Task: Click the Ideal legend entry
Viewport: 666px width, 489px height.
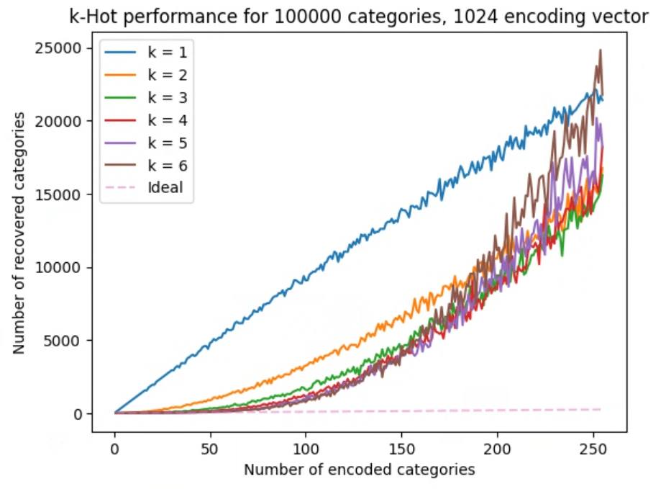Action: [165, 188]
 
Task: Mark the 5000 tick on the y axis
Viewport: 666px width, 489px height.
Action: [69, 341]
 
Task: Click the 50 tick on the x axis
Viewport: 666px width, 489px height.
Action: [210, 448]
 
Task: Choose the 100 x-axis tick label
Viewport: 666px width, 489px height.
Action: [306, 448]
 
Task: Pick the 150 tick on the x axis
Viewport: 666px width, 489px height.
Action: [401, 448]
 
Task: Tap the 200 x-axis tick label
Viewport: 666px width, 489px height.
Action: [497, 448]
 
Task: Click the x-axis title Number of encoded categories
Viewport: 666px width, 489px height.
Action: [359, 470]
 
